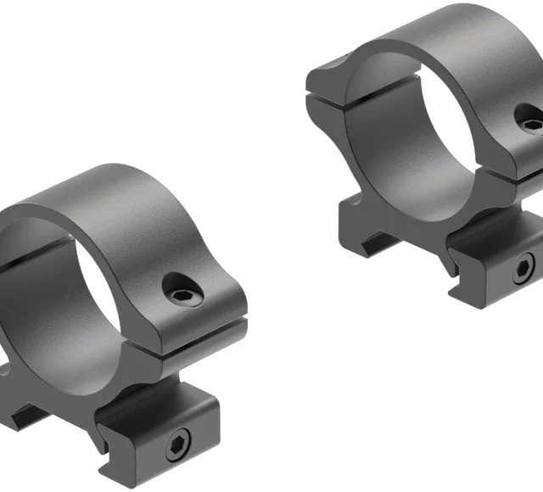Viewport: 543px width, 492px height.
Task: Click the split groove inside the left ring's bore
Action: coord(34,254)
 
